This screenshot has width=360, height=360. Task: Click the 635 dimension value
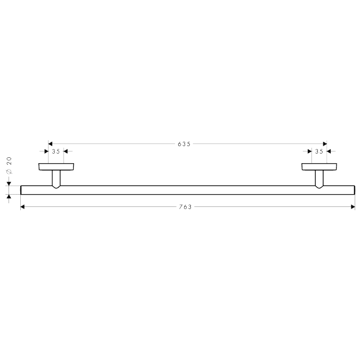click(184, 144)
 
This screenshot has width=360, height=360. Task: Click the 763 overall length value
click(185, 207)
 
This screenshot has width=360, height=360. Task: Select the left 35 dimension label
click(56, 151)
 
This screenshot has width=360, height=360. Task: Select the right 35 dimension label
click(319, 151)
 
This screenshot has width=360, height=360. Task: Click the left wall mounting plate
click(56, 167)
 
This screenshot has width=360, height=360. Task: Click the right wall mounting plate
click(319, 167)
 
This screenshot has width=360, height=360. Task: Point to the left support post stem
click(56, 178)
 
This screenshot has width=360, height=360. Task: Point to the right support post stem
click(319, 178)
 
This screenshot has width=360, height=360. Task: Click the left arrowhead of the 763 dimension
click(22, 207)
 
